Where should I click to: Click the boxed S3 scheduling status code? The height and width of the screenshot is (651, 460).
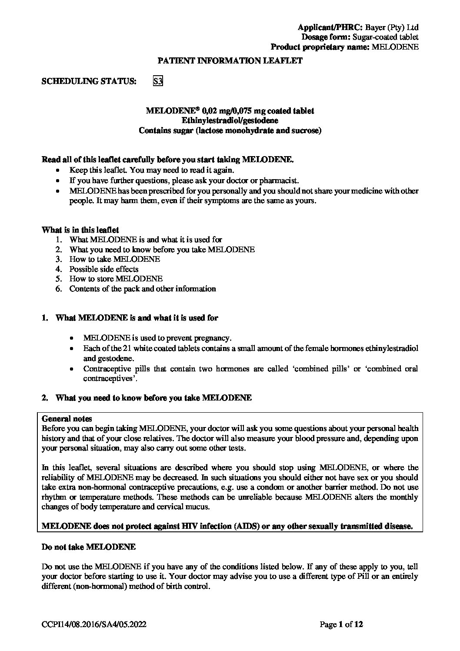(158, 81)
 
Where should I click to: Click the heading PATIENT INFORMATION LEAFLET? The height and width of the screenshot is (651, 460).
(230, 61)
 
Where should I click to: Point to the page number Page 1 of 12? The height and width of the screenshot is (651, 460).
(341, 625)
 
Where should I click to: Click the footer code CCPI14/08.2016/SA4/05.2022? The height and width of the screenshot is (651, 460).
(94, 625)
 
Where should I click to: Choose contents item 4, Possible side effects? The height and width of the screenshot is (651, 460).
(104, 269)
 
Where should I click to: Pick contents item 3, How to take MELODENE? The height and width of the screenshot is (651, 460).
(115, 259)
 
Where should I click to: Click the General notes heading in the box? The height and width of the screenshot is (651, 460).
(67, 419)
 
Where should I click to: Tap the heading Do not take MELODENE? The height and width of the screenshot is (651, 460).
(89, 547)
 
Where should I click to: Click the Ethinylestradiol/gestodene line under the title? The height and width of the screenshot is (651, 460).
(230, 120)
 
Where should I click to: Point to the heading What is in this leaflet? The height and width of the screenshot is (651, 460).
(80, 230)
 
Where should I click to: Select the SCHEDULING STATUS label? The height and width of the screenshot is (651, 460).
(89, 81)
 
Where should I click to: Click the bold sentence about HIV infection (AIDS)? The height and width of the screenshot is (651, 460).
(227, 526)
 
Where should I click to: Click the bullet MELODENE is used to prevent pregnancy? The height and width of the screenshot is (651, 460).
(157, 338)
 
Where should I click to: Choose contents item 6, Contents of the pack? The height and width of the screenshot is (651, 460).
(143, 289)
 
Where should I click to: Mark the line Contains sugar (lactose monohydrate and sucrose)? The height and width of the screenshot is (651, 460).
(230, 130)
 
